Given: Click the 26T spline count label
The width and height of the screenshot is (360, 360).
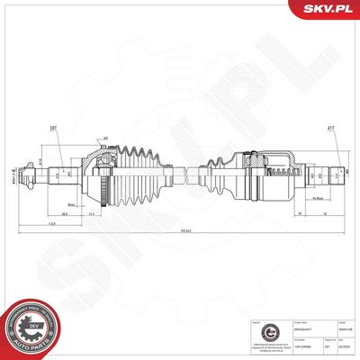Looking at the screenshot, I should pyautogui.click(x=54, y=130).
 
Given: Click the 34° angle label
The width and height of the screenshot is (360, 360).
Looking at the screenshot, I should pyautogui.click(x=105, y=138).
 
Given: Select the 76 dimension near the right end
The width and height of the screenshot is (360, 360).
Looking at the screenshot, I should pyautogui.click(x=323, y=214).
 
